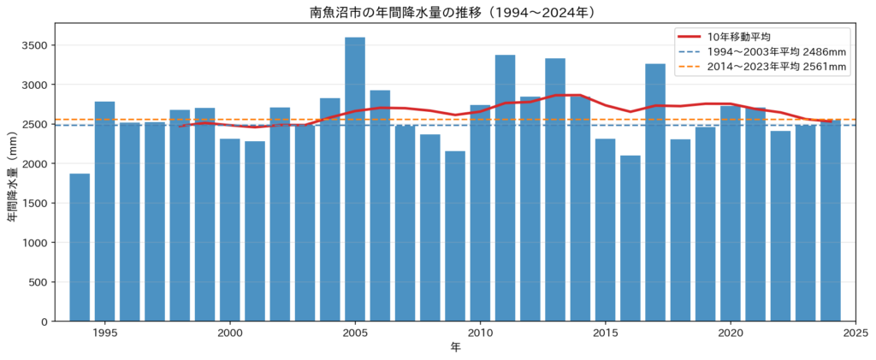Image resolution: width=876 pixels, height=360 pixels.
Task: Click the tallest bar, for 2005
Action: pyautogui.click(x=355, y=180)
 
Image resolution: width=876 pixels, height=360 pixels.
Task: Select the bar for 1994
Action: pyautogui.click(x=80, y=247)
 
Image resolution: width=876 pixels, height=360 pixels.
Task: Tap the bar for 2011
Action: pyautogui.click(x=505, y=188)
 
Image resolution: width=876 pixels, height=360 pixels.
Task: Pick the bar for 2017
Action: pyautogui.click(x=655, y=192)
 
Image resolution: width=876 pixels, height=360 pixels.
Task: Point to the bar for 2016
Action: pyautogui.click(x=630, y=239)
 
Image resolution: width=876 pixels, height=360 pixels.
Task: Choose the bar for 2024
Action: pyautogui.click(x=831, y=221)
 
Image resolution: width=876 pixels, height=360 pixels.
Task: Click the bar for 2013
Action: pyautogui.click(x=555, y=190)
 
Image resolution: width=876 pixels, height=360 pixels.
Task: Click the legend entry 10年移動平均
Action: pyautogui.click(x=725, y=38)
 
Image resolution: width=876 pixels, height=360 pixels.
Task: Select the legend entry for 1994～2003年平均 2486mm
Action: pyautogui.click(x=762, y=52)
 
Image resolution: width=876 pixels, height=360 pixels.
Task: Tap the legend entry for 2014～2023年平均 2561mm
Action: pyautogui.click(x=762, y=68)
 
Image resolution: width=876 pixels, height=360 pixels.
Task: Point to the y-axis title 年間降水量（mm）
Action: pyautogui.click(x=12, y=172)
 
